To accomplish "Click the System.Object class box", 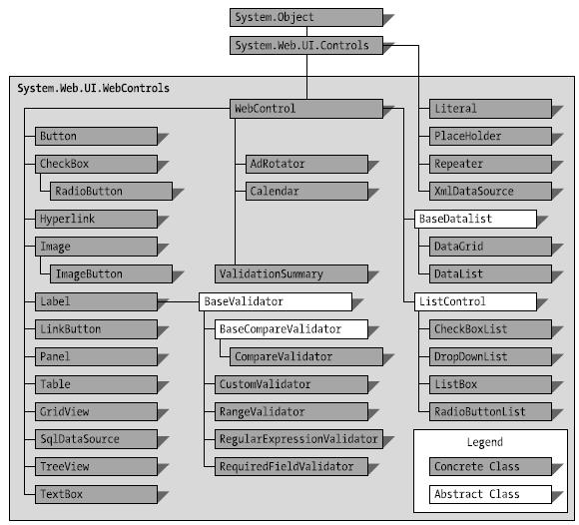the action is (x=306, y=17).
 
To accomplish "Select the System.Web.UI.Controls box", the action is (x=306, y=45).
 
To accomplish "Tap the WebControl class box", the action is (x=306, y=109).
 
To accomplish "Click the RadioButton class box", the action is (x=111, y=192).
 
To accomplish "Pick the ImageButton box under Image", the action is (x=111, y=273).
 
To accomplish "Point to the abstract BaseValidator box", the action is (x=276, y=301).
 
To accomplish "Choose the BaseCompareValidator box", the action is (x=291, y=329).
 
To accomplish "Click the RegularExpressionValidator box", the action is (x=298, y=439).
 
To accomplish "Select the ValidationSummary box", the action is (x=291, y=273).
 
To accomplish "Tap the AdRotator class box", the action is (x=306, y=164).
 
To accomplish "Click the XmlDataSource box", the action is (x=490, y=192).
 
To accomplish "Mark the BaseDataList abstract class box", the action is (x=475, y=219).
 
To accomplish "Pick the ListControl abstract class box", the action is (x=475, y=301).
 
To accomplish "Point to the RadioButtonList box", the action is (x=490, y=411).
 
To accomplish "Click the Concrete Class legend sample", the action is (x=490, y=467).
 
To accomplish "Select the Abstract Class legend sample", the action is (x=490, y=494).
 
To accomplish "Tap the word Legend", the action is (x=485, y=442).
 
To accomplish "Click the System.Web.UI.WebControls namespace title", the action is (x=94, y=88).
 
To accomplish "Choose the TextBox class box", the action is (x=96, y=494).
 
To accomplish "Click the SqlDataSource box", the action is (x=96, y=439).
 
